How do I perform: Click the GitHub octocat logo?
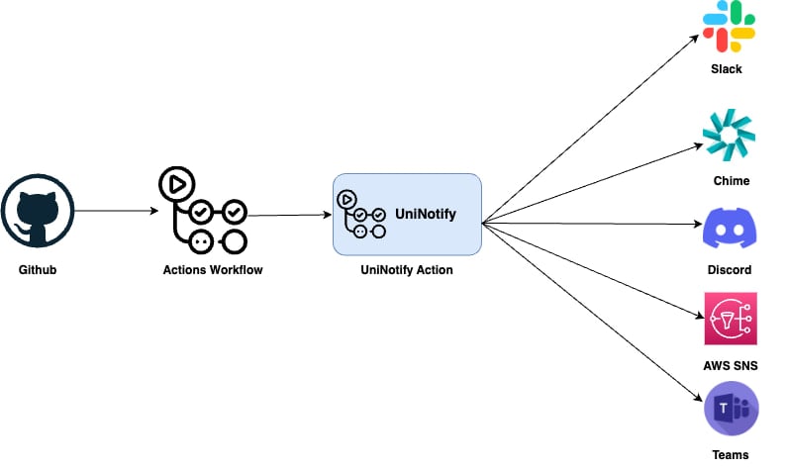click(38, 211)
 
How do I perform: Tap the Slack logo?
click(729, 26)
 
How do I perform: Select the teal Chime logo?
click(729, 136)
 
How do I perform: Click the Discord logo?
click(730, 229)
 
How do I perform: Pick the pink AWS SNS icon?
click(731, 319)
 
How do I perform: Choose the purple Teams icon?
click(732, 409)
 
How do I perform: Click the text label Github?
click(38, 270)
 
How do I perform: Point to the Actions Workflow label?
click(213, 270)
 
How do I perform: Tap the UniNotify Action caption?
click(407, 270)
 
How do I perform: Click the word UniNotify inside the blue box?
click(426, 214)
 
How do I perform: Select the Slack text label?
click(727, 68)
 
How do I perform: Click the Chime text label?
click(732, 180)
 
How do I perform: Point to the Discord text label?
click(730, 270)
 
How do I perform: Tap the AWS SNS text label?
click(731, 366)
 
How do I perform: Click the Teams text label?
click(731, 455)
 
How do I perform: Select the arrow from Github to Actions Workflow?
click(117, 211)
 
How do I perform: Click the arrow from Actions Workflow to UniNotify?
click(290, 215)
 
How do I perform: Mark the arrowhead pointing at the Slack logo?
click(695, 39)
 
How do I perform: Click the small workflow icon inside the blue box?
click(361, 214)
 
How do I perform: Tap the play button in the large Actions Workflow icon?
click(176, 184)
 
